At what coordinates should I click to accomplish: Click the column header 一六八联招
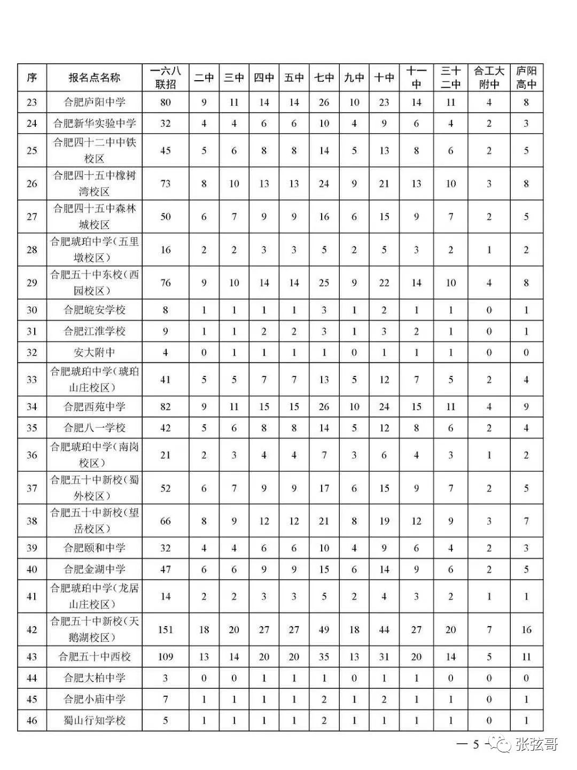click(x=166, y=78)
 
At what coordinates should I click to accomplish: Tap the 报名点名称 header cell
click(x=95, y=78)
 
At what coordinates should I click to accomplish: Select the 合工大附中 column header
click(x=489, y=78)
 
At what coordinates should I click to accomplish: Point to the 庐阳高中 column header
click(x=526, y=78)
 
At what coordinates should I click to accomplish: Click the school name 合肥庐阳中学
click(x=95, y=102)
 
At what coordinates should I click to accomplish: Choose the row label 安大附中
click(x=95, y=352)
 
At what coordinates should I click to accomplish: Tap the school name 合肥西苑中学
click(x=95, y=407)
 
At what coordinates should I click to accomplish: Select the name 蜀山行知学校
click(x=95, y=720)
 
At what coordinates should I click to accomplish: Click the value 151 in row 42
click(x=166, y=629)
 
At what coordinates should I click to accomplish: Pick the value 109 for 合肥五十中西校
click(x=166, y=657)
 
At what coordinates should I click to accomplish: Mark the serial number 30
click(x=32, y=310)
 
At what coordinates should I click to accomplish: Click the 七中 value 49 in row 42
click(x=324, y=629)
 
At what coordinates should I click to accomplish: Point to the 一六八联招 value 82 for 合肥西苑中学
click(x=166, y=407)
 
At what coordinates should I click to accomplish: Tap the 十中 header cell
click(x=384, y=78)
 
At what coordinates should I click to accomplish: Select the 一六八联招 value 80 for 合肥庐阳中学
click(x=166, y=102)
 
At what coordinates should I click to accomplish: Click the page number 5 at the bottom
click(x=475, y=744)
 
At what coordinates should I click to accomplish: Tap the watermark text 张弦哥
click(x=537, y=744)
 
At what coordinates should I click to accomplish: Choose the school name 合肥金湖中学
click(x=95, y=569)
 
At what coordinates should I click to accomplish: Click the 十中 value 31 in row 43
click(x=384, y=657)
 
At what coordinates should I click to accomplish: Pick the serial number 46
click(x=32, y=720)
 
